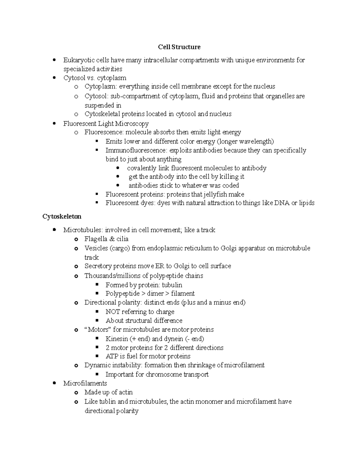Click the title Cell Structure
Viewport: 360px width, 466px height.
pyautogui.click(x=179, y=47)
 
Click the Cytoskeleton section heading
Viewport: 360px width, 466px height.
pyautogui.click(x=62, y=216)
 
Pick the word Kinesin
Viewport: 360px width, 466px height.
pyautogui.click(x=117, y=339)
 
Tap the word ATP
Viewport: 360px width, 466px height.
pyautogui.click(x=112, y=356)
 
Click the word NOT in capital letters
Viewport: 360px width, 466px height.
pyautogui.click(x=112, y=312)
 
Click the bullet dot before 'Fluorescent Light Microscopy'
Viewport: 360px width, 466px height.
pyautogui.click(x=54, y=123)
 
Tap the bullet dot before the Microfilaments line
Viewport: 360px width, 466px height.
pyautogui.click(x=54, y=383)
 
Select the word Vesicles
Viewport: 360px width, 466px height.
pyautogui.click(x=96, y=248)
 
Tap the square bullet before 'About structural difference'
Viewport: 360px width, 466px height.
pyautogui.click(x=97, y=320)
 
